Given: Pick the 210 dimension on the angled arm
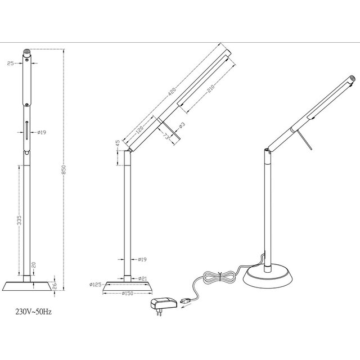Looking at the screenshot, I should point(203,87).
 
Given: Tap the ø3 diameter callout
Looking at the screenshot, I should point(182,125).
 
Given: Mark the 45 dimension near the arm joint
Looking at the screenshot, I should point(117,142).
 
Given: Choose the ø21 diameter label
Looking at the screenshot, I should point(142,278).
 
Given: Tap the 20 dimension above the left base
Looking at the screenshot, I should point(33,264).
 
